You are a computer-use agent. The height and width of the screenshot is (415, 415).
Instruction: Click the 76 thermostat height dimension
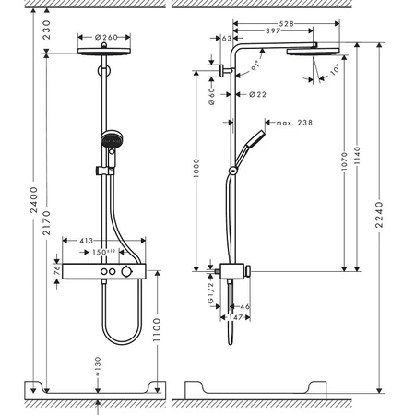pyautogui.click(x=54, y=273)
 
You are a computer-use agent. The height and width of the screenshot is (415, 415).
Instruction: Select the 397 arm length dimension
pyautogui.click(x=271, y=30)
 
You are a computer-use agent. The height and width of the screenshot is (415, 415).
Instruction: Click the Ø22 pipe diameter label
pyautogui.click(x=260, y=93)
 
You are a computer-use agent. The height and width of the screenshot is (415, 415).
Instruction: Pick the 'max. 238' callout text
pyautogui.click(x=293, y=121)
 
